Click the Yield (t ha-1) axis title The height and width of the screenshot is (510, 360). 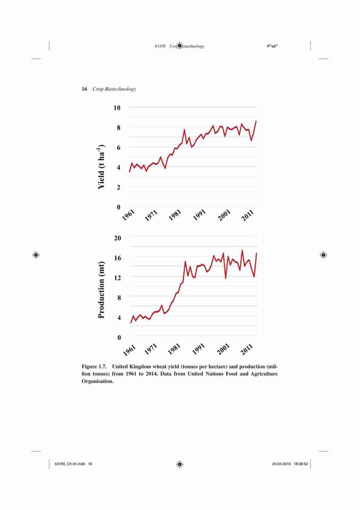(101, 166)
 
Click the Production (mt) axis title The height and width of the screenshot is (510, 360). (101, 290)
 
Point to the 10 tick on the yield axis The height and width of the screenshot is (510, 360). (117, 108)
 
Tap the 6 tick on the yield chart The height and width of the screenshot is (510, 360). (118, 148)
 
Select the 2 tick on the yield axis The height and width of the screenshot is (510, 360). (118, 187)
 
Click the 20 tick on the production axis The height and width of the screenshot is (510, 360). (117, 238)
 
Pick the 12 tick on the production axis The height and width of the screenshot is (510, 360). (117, 278)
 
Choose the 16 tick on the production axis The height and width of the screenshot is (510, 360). (117, 258)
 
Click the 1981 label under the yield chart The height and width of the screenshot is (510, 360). (174, 216)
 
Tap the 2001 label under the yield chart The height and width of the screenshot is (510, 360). (224, 216)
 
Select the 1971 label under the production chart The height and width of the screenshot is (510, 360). (150, 349)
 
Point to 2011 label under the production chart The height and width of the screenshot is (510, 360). (247, 349)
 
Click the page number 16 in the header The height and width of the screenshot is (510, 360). (84, 89)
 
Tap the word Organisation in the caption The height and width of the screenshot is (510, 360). (97, 381)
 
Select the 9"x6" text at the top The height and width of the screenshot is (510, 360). (272, 46)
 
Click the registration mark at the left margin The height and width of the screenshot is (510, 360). (36, 255)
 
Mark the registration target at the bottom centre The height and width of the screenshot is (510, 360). (180, 464)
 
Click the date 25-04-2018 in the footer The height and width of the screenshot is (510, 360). (281, 464)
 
